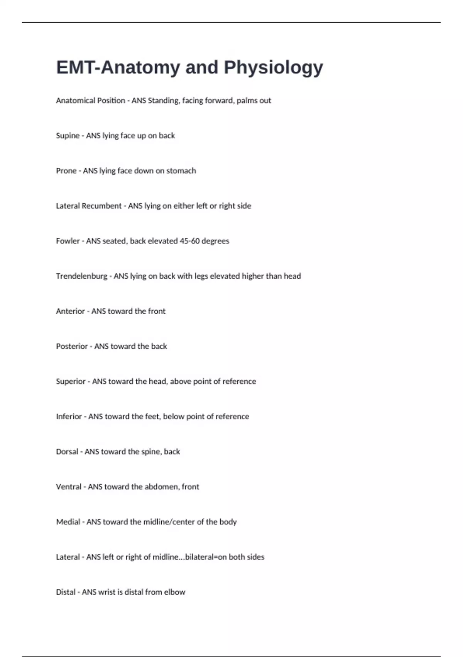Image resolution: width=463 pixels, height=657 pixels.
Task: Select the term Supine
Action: (x=68, y=136)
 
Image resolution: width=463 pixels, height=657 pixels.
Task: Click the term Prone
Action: (x=66, y=171)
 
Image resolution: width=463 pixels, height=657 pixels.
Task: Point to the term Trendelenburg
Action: (x=81, y=276)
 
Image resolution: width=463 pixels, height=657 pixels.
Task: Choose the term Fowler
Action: (x=68, y=241)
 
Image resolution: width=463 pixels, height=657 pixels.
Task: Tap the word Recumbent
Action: (x=102, y=206)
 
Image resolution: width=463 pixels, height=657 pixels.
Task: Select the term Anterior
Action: (x=70, y=311)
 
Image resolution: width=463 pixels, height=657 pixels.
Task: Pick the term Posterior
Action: (x=72, y=347)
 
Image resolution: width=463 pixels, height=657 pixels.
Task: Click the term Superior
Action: (x=71, y=382)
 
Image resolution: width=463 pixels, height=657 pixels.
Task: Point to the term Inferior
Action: (x=69, y=417)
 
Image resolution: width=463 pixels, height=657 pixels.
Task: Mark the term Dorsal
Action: (x=67, y=452)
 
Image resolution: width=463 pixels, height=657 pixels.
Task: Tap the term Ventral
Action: (x=69, y=487)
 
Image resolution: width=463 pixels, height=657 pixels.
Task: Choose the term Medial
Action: (x=68, y=522)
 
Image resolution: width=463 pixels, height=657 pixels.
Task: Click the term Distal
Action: (x=66, y=592)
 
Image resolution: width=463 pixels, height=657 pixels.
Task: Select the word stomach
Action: (x=181, y=171)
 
